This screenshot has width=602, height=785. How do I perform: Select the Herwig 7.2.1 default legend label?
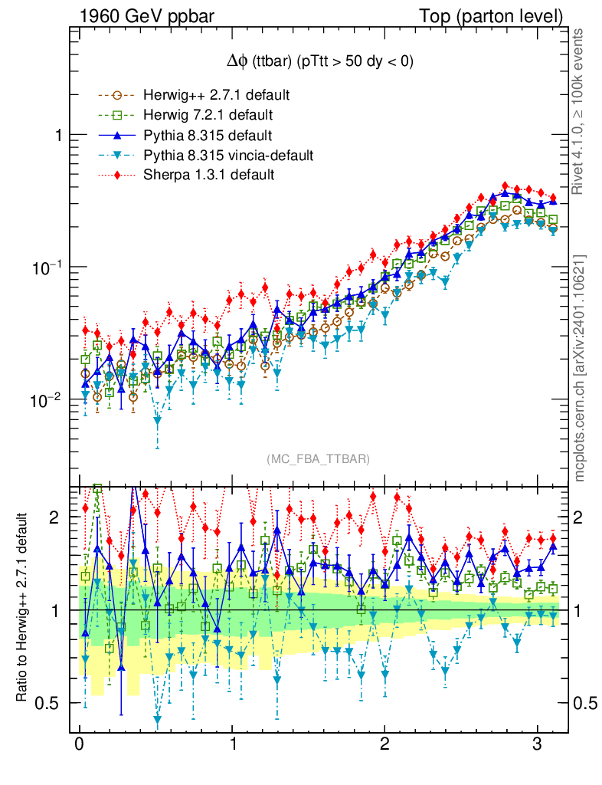click(208, 116)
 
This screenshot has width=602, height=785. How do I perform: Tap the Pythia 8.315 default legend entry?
click(208, 136)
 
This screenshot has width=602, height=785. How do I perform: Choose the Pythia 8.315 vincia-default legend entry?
click(227, 156)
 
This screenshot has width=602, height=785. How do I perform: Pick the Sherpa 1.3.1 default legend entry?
click(208, 176)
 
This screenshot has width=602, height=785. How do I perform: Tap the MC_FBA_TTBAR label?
click(319, 459)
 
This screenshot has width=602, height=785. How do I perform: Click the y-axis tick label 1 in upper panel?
click(57, 135)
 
